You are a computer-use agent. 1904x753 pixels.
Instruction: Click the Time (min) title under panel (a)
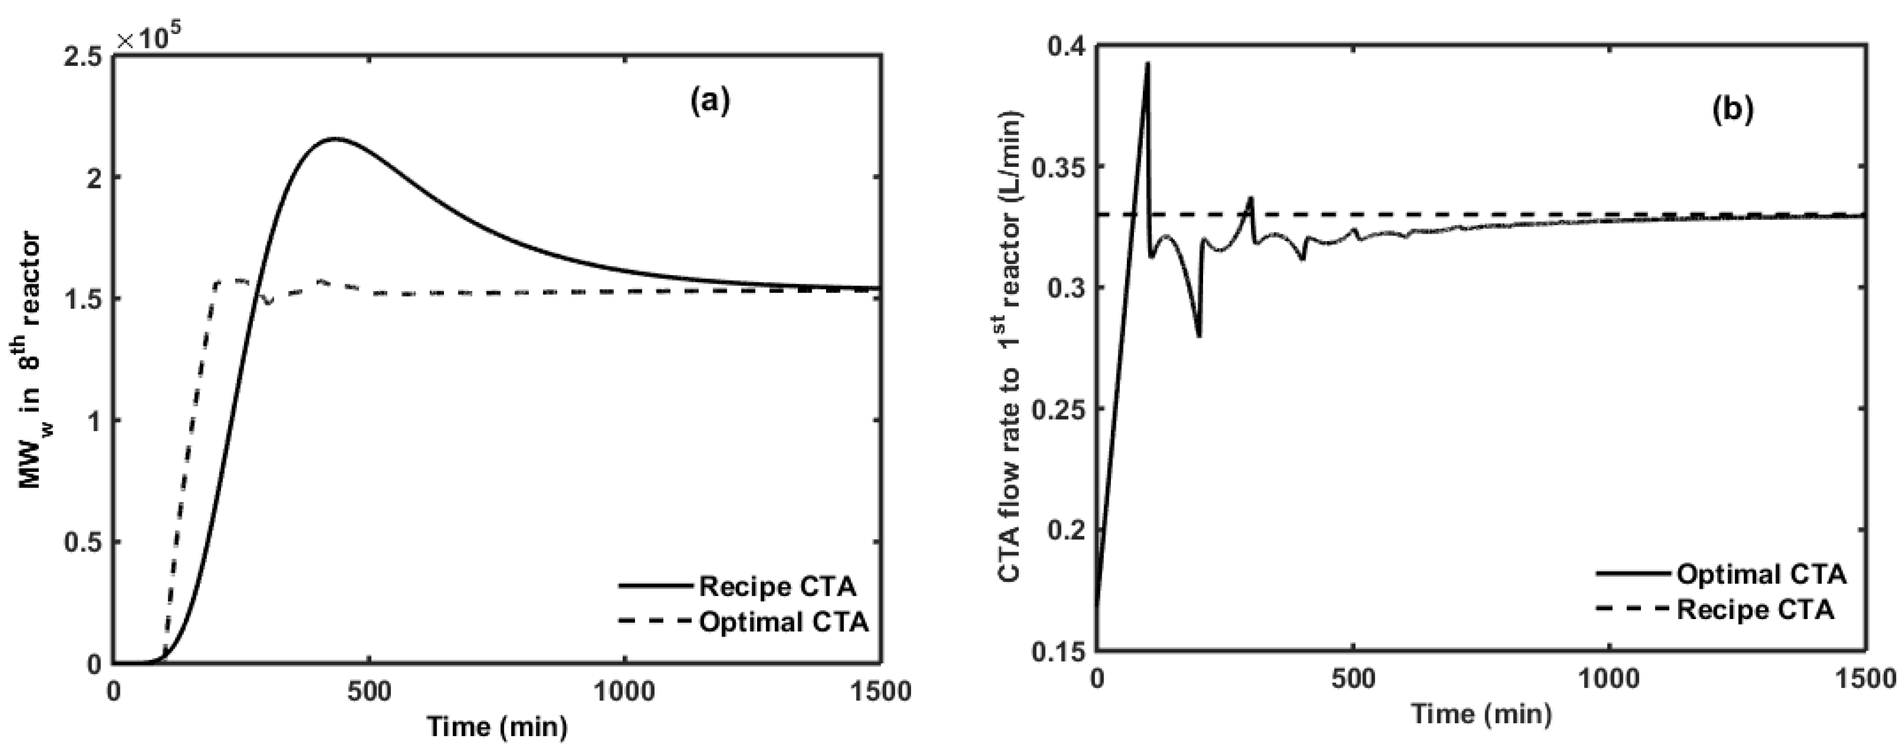click(496, 728)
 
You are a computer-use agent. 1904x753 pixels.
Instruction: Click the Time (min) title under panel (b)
click(1481, 714)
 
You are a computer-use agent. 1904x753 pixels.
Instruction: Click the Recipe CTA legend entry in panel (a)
click(778, 587)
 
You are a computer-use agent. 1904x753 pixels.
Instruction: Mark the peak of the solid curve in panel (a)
click(334, 138)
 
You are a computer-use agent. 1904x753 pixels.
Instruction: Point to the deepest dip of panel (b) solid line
click(1199, 337)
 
